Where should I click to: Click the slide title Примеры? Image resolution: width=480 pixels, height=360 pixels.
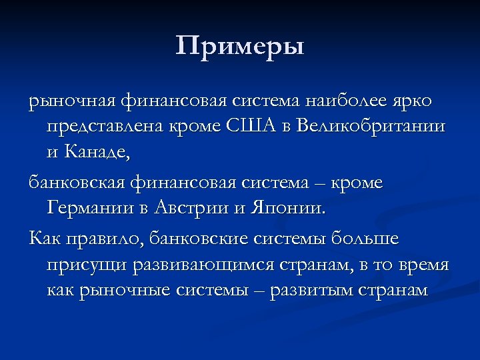click(240, 47)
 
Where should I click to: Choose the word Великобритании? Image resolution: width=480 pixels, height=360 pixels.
click(373, 127)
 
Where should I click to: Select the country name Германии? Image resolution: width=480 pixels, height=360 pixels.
click(90, 208)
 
